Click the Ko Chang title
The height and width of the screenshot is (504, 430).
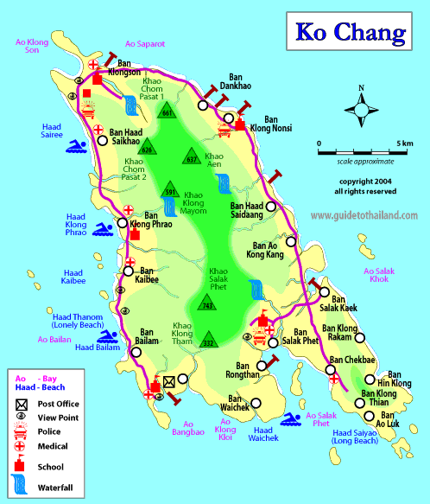(x=350, y=33)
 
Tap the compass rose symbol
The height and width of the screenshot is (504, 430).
(x=360, y=110)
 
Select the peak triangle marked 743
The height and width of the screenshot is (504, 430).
(x=206, y=303)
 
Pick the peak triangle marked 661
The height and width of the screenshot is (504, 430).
(x=168, y=112)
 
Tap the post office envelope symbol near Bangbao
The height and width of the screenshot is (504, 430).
(x=169, y=381)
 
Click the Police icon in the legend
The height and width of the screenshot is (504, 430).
(x=17, y=431)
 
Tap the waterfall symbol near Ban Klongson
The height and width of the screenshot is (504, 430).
(x=130, y=105)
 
